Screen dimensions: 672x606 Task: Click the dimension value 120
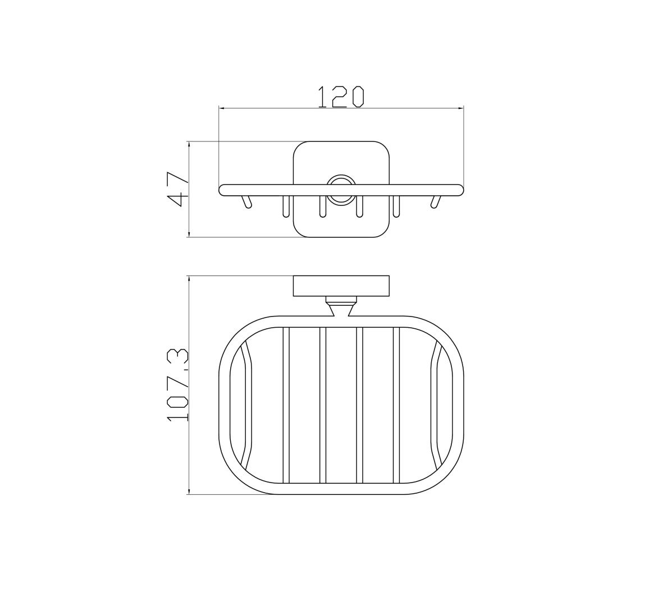pyautogui.click(x=341, y=97)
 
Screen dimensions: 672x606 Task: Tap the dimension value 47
pyautogui.click(x=177, y=189)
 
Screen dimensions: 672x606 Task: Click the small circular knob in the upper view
pyautogui.click(x=341, y=189)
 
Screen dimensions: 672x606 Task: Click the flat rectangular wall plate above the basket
pyautogui.click(x=341, y=286)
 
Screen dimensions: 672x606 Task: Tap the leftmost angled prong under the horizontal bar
pyautogui.click(x=246, y=201)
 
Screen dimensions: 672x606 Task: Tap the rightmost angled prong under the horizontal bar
pyautogui.click(x=436, y=201)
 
